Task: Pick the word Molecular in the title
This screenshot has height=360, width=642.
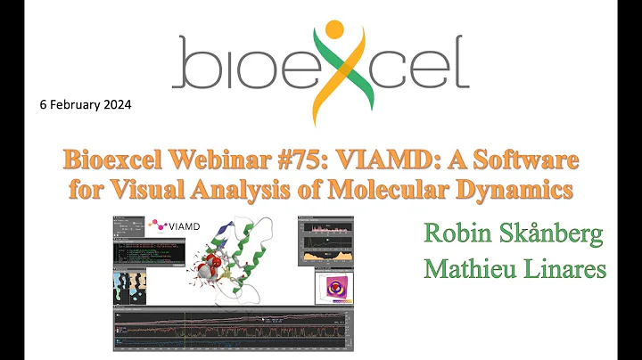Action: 403,191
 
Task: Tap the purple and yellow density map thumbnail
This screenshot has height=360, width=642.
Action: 335,287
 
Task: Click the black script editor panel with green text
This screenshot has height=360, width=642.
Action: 152,253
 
